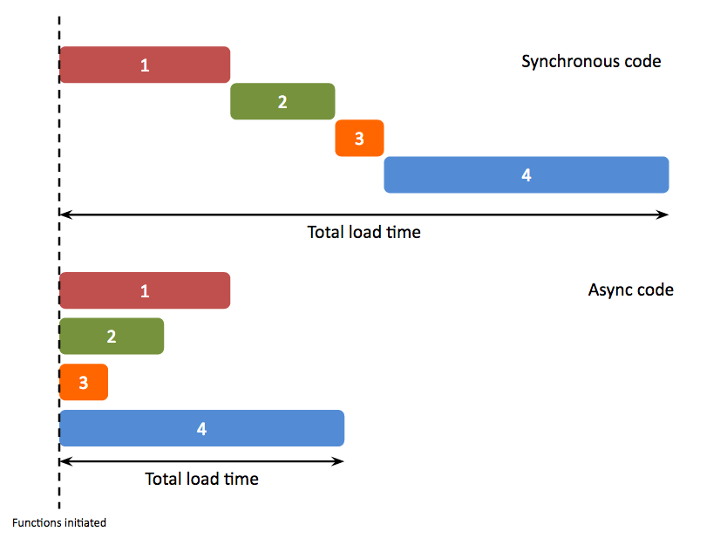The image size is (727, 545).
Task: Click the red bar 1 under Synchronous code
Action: coord(145,65)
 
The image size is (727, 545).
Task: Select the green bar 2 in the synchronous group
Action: coord(282,101)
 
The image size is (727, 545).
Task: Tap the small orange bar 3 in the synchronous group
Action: coord(359,138)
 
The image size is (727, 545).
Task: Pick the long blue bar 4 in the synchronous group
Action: coord(527,174)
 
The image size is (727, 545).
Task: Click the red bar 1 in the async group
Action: coord(145,290)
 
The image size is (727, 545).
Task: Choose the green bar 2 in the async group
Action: coord(112,336)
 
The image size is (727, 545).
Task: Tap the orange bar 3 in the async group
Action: coord(84,382)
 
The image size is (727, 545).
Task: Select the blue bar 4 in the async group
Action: coord(202,428)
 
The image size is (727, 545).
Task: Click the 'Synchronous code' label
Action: coord(591,62)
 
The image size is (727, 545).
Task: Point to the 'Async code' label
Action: coord(630,290)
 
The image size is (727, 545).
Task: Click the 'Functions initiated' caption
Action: coord(59,523)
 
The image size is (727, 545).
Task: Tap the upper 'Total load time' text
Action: coord(363,233)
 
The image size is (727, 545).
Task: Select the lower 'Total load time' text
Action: coord(201,479)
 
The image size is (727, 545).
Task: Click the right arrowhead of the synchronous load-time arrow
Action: coord(663,214)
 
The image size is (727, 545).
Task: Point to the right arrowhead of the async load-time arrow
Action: coord(339,460)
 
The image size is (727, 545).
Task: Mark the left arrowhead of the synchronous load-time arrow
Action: coord(65,214)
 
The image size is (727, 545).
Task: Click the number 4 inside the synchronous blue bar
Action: coord(527,174)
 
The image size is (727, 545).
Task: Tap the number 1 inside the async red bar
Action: coord(145,290)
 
